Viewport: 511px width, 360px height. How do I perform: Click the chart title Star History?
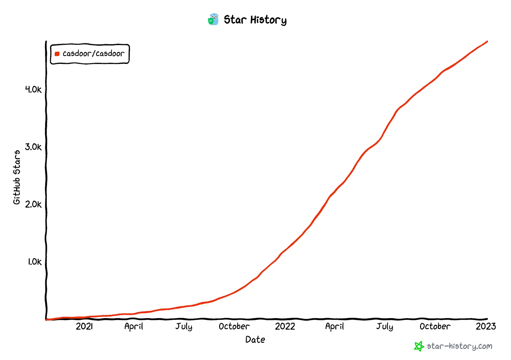coord(255,20)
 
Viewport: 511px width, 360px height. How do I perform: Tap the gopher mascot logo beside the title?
coord(213,19)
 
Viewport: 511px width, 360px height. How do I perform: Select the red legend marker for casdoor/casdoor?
coord(57,54)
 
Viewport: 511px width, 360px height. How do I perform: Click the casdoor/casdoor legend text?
coord(93,54)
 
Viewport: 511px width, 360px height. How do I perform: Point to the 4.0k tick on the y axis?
coord(33,89)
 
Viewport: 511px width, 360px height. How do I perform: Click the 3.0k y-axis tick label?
coord(33,147)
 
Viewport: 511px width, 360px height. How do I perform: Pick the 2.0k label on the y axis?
coord(33,204)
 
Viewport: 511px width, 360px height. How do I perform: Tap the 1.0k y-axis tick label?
coord(34,262)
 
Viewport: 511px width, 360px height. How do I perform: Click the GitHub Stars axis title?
coord(17,177)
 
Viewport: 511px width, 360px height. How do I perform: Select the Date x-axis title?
coord(255,340)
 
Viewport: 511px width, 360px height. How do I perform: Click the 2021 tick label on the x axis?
coord(84,326)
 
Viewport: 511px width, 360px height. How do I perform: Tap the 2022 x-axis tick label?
coord(285,326)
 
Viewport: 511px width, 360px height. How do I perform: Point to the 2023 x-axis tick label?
coord(485,326)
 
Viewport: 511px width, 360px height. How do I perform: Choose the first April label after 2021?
coord(133,326)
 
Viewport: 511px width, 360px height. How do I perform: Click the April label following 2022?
coord(334,326)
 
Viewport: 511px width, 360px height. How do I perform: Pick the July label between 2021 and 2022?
coord(184,326)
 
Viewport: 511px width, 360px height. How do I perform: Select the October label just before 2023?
coord(435,326)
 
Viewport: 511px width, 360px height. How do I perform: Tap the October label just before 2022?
coord(234,326)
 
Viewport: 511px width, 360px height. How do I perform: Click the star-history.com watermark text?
coord(459,346)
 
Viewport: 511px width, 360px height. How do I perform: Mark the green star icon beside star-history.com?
coord(419,346)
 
